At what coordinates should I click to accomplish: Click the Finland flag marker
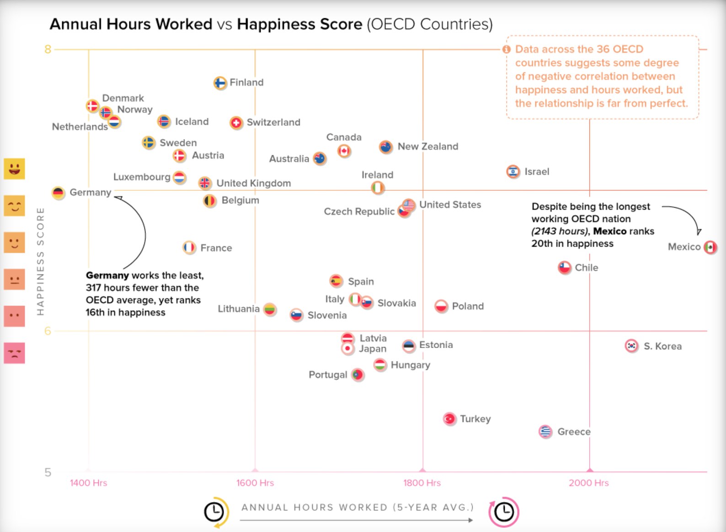point(220,83)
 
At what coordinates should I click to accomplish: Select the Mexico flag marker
point(710,247)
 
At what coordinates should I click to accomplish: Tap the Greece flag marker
point(545,432)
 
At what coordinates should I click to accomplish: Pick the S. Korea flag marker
point(631,346)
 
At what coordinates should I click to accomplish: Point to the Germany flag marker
point(58,193)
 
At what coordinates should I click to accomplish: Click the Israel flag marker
point(513,172)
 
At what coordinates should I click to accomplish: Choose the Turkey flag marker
point(450,419)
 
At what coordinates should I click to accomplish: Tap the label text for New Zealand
point(427,146)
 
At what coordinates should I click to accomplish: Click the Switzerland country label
point(273,122)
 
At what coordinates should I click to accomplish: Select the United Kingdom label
point(253,183)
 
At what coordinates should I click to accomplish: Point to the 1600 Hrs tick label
point(255,483)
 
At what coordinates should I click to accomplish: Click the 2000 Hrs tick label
point(588,483)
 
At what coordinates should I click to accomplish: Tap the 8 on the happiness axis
point(48,49)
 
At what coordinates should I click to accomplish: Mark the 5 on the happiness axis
point(48,473)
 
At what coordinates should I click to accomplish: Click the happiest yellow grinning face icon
point(14,169)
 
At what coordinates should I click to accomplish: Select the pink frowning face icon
point(14,353)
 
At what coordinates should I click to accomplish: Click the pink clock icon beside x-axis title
point(504,511)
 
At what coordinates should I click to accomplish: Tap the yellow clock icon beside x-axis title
point(214,512)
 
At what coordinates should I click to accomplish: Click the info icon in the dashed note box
point(506,49)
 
